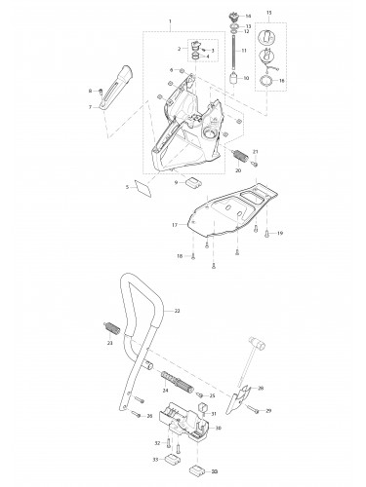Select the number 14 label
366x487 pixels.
click(247, 17)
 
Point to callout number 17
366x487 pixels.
click(174, 224)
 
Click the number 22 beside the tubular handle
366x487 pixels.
click(178, 310)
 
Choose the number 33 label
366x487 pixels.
click(155, 457)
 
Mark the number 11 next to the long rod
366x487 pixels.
click(246, 50)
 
